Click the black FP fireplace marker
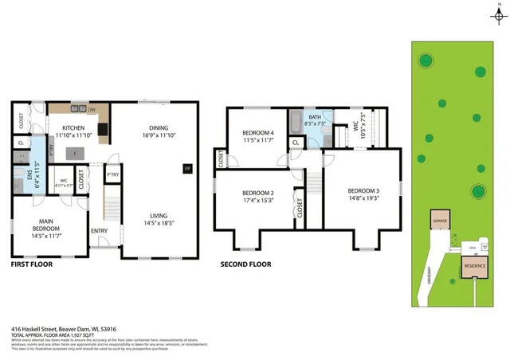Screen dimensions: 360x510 pos(186,169)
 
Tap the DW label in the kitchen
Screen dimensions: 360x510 pos(92,110)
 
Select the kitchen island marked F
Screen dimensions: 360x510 pos(75,153)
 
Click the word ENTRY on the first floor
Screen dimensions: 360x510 pos(100,231)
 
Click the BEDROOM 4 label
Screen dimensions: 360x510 pos(258,133)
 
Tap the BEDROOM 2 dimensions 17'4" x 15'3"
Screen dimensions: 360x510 pos(258,200)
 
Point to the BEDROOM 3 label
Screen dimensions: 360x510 pos(363,191)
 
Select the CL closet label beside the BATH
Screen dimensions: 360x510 pos(295,143)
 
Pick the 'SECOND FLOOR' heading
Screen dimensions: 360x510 pos(246,264)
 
